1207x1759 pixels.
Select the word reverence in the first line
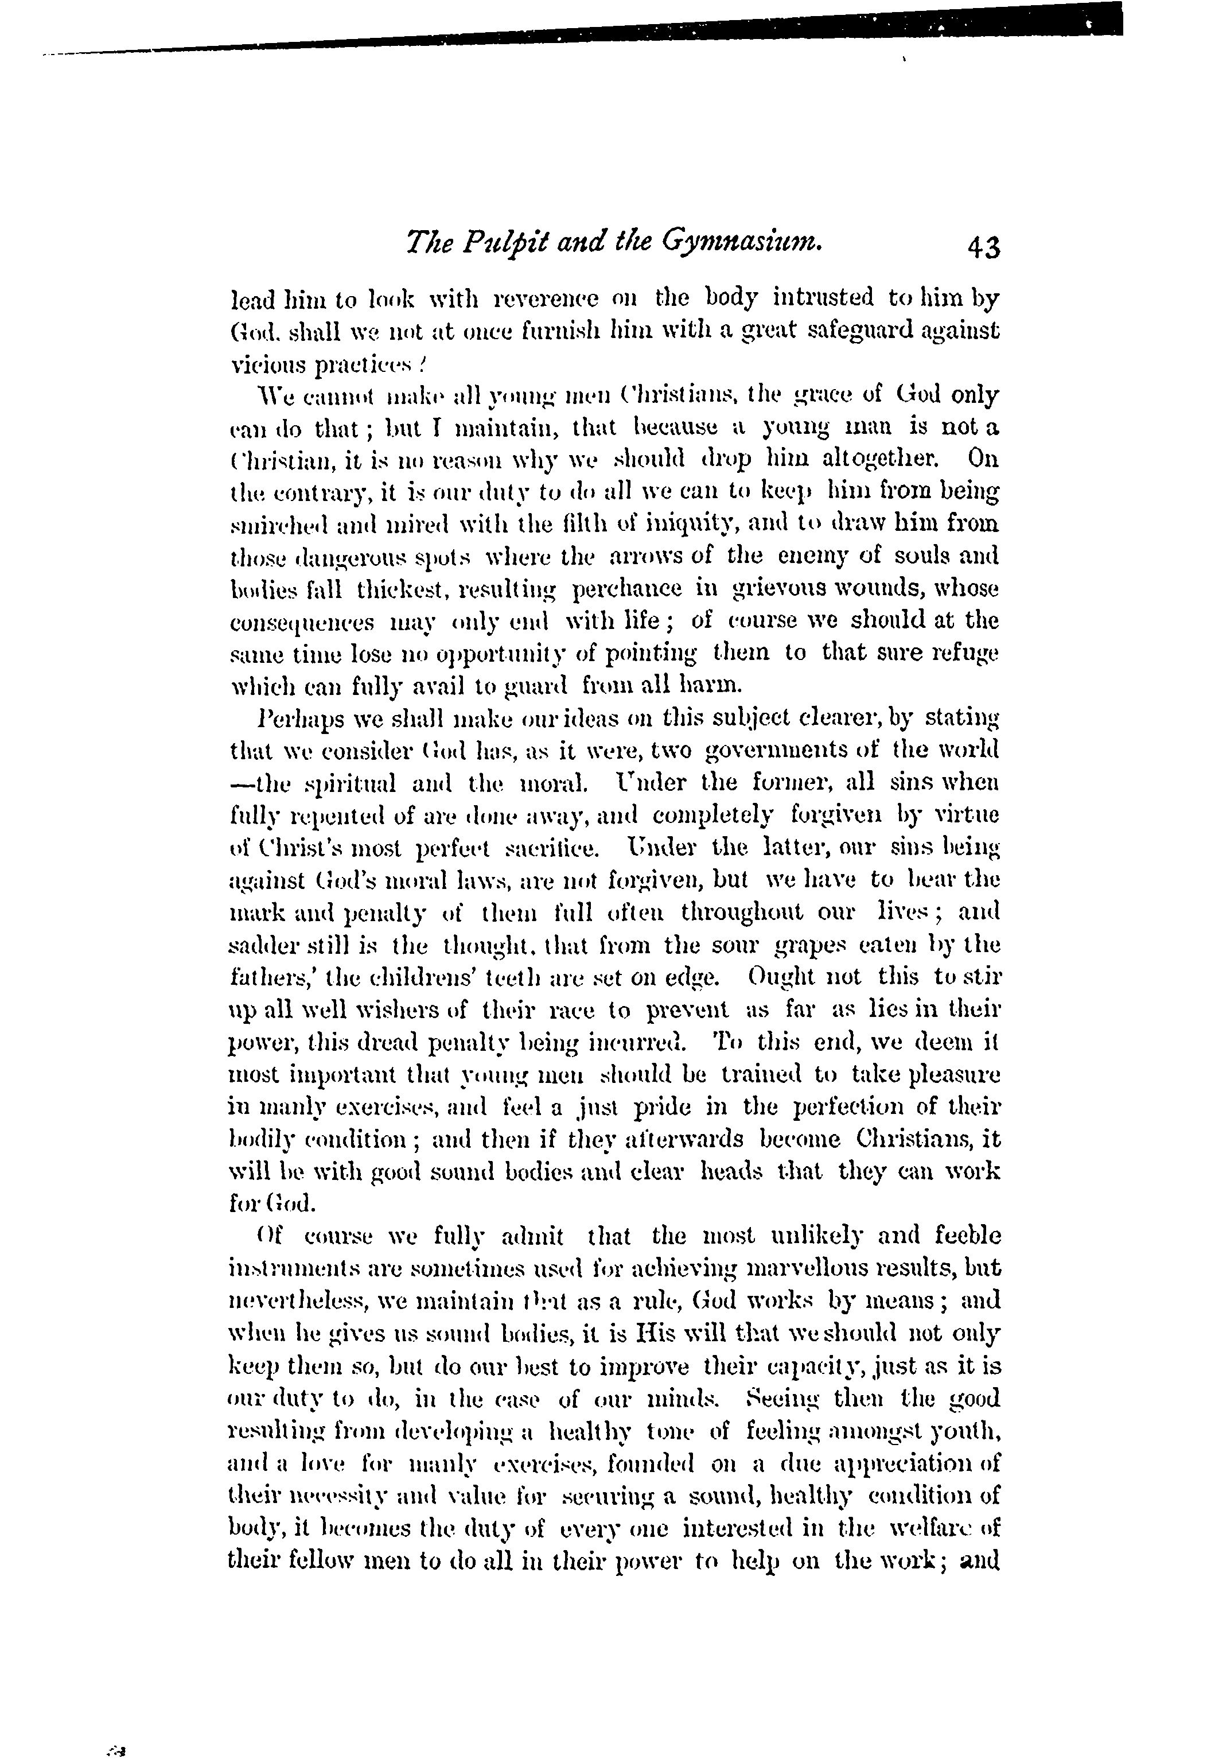click(546, 299)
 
